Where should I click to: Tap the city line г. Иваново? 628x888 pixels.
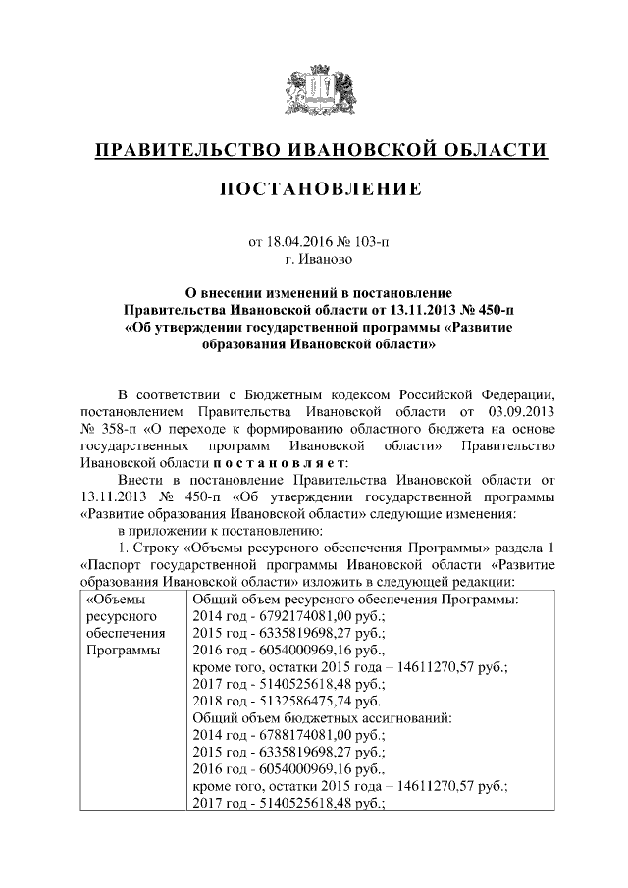coord(314,259)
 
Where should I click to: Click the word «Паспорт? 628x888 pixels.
coord(115,566)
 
